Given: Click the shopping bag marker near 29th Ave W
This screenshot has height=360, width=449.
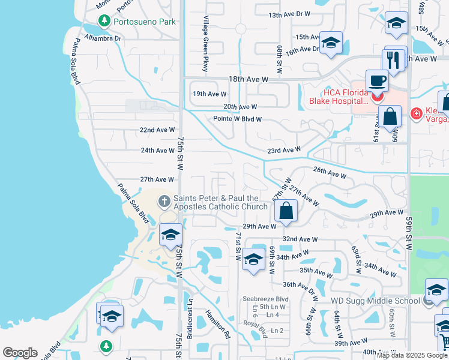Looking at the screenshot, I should [x=286, y=211].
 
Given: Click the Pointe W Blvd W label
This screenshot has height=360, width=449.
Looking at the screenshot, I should [x=238, y=119].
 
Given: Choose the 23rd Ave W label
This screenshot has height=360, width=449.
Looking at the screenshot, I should [x=283, y=150].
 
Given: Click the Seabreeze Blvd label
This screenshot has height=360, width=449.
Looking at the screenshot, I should [x=266, y=299].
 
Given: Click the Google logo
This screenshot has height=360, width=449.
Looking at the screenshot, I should [x=20, y=353].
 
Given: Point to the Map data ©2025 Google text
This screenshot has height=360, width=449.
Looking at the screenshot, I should [x=412, y=355].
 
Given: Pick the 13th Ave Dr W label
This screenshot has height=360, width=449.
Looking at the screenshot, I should [x=289, y=14].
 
